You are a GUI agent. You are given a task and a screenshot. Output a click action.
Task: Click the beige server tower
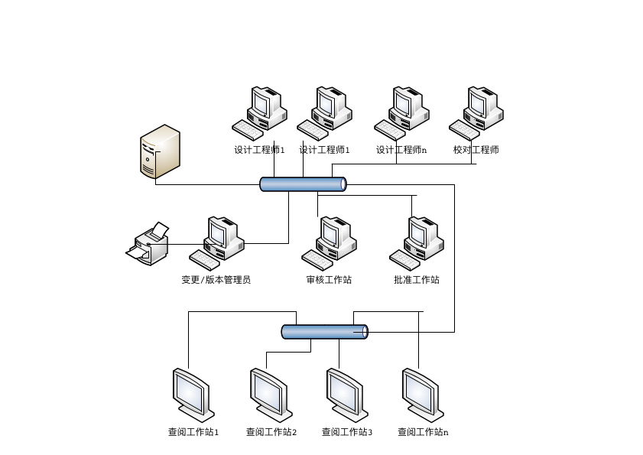(x=160, y=151)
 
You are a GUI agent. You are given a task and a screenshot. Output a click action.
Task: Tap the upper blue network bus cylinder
(x=303, y=184)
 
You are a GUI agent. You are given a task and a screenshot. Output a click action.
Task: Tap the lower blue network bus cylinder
(x=324, y=332)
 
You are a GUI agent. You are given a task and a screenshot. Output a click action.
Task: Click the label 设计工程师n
(x=401, y=151)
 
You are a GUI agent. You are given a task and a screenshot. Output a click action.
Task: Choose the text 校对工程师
(x=476, y=151)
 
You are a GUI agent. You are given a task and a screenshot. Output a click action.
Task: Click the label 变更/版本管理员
(x=216, y=280)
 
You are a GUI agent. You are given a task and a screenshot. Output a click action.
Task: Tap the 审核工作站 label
(x=329, y=280)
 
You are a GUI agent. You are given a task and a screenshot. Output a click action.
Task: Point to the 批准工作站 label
(x=417, y=280)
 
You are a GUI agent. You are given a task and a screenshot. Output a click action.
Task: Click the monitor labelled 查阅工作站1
(x=192, y=395)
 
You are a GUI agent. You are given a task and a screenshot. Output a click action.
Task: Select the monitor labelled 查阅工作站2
(x=269, y=395)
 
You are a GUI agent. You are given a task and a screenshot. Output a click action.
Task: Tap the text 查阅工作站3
(x=347, y=432)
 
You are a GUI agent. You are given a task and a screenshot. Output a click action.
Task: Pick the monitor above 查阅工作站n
(x=422, y=395)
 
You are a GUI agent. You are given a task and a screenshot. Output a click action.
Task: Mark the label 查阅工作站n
(x=423, y=432)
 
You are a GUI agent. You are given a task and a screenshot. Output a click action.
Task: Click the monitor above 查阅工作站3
(x=346, y=395)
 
